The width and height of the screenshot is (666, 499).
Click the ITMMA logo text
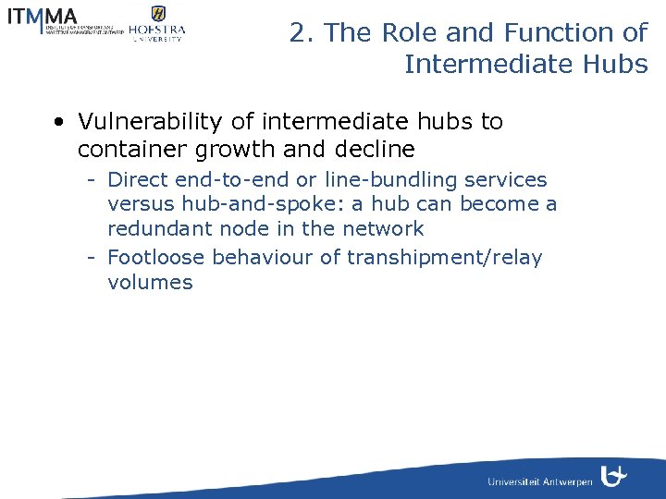(x=42, y=17)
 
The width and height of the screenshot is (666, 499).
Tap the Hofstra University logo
(x=156, y=24)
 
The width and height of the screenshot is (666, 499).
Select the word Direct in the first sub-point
(x=138, y=180)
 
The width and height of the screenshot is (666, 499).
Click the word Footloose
(x=156, y=258)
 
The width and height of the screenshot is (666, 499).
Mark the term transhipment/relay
(x=443, y=258)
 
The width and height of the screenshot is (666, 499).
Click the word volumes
(x=150, y=283)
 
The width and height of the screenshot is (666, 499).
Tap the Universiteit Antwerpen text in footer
(x=539, y=482)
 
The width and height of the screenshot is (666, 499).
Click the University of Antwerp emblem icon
(x=612, y=476)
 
